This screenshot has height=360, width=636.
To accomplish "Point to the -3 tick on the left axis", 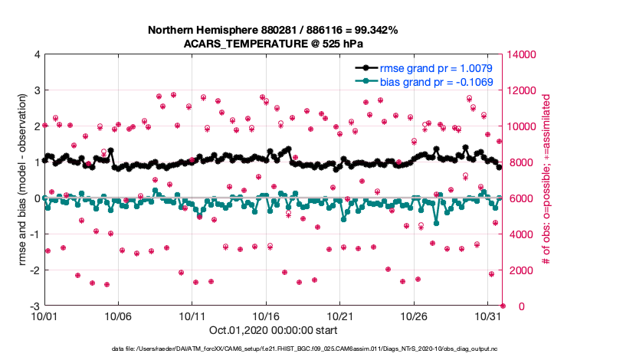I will point(34,306).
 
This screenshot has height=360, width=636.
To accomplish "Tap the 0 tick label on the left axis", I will point(36,198).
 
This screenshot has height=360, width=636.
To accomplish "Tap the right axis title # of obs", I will point(546,181).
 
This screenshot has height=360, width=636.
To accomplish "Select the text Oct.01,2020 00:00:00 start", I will point(272,330).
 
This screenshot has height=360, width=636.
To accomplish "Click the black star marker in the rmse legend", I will point(367,69).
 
